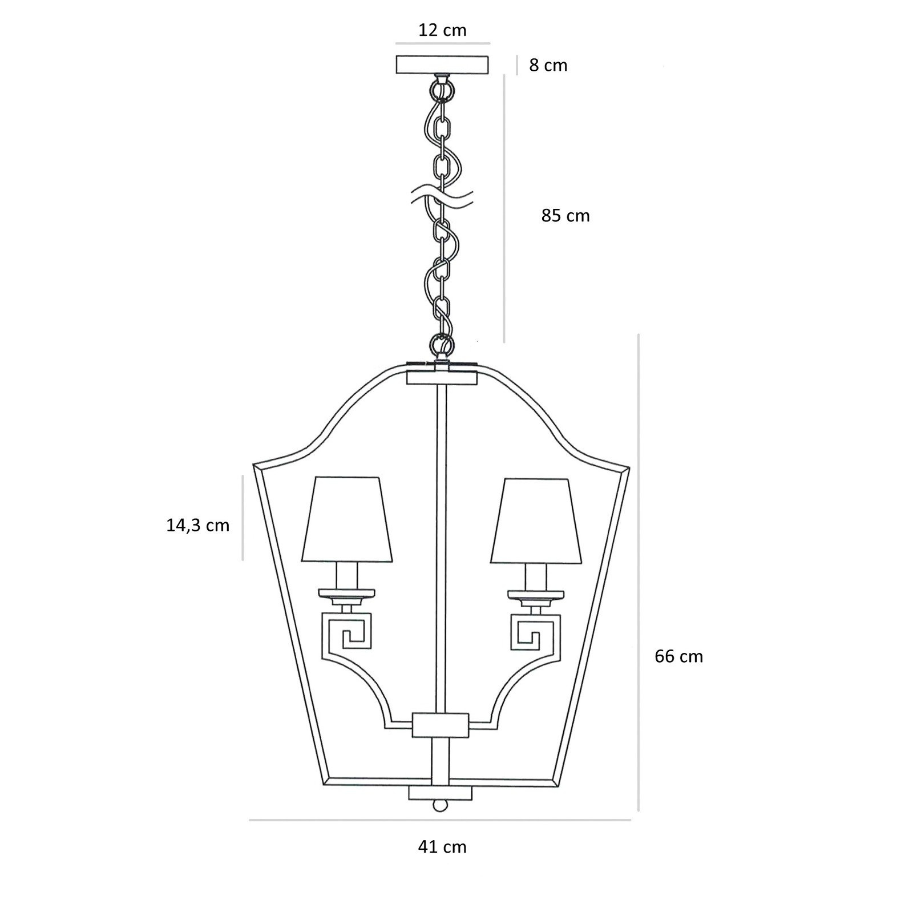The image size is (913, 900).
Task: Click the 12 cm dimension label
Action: (x=442, y=30)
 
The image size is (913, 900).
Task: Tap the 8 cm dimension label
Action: (x=548, y=65)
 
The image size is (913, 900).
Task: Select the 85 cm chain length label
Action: (x=565, y=216)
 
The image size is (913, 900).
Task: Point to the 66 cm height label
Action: (x=678, y=656)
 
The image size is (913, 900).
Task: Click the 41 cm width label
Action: (x=442, y=847)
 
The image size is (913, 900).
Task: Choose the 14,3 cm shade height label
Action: (x=197, y=525)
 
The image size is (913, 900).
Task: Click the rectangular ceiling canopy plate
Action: (x=443, y=64)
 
